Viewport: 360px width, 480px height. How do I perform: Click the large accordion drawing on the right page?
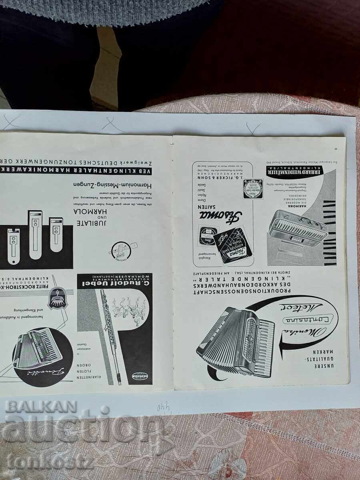click(236, 340)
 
